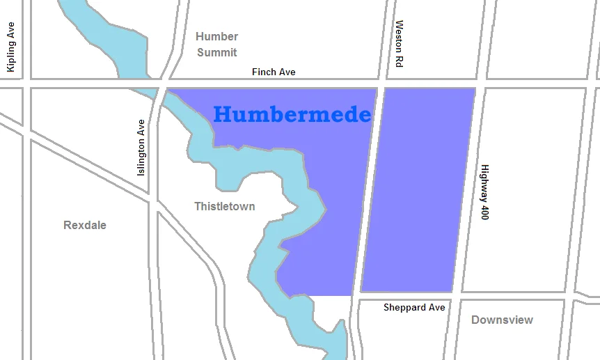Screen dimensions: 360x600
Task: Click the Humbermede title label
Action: (292, 114)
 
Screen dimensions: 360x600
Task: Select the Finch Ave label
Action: (274, 72)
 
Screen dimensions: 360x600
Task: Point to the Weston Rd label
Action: (400, 43)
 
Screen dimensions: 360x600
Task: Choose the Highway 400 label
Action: (485, 192)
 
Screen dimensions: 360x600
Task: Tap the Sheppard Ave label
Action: (414, 307)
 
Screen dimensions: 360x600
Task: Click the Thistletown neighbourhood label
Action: (224, 206)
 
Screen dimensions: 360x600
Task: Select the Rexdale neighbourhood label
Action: (85, 225)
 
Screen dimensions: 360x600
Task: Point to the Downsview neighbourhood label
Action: (502, 320)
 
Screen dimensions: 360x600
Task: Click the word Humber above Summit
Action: (216, 36)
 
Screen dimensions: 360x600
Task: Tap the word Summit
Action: (216, 52)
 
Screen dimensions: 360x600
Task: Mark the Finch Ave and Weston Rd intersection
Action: (381, 84)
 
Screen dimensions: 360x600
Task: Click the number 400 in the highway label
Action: (485, 212)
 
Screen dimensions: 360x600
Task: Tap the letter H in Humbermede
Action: (223, 114)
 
